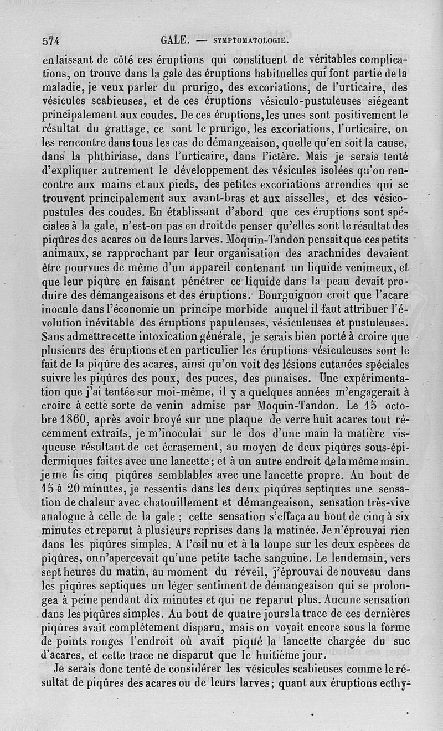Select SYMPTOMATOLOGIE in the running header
249,40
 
